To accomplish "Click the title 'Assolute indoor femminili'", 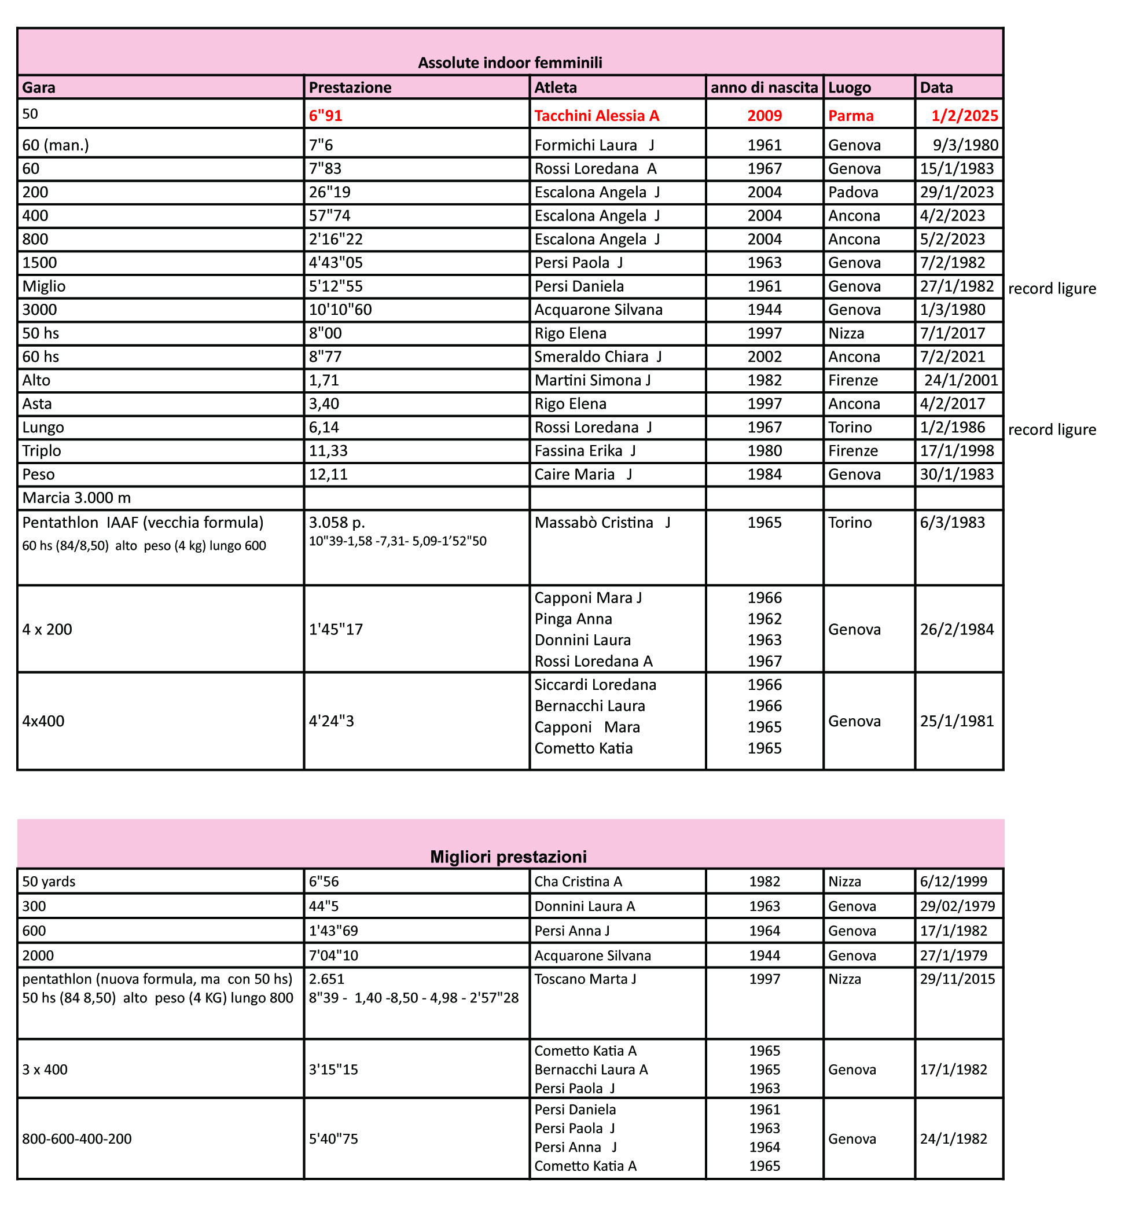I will pyautogui.click(x=509, y=63).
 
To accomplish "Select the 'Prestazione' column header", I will pyautogui.click(x=350, y=88).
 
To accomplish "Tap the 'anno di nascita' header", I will pyautogui.click(x=764, y=88).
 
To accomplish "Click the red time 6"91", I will pyautogui.click(x=326, y=116).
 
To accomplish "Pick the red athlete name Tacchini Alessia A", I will pyautogui.click(x=596, y=116).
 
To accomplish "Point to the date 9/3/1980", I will pyautogui.click(x=965, y=145).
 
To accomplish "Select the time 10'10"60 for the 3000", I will pyautogui.click(x=340, y=310).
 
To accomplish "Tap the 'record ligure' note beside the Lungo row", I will pyautogui.click(x=1052, y=430).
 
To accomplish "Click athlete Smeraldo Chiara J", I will pyautogui.click(x=597, y=357).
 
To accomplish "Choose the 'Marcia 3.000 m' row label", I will pyautogui.click(x=76, y=498).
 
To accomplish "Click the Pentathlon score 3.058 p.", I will pyautogui.click(x=337, y=523).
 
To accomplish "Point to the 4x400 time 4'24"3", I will pyautogui.click(x=331, y=721).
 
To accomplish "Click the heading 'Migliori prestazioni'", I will pyautogui.click(x=508, y=857).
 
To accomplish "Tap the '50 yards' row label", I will pyautogui.click(x=49, y=882).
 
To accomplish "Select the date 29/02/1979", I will pyautogui.click(x=957, y=907).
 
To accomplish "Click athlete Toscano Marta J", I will pyautogui.click(x=585, y=979).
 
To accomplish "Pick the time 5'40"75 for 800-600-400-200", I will pyautogui.click(x=333, y=1139).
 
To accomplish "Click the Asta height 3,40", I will pyautogui.click(x=324, y=404).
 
